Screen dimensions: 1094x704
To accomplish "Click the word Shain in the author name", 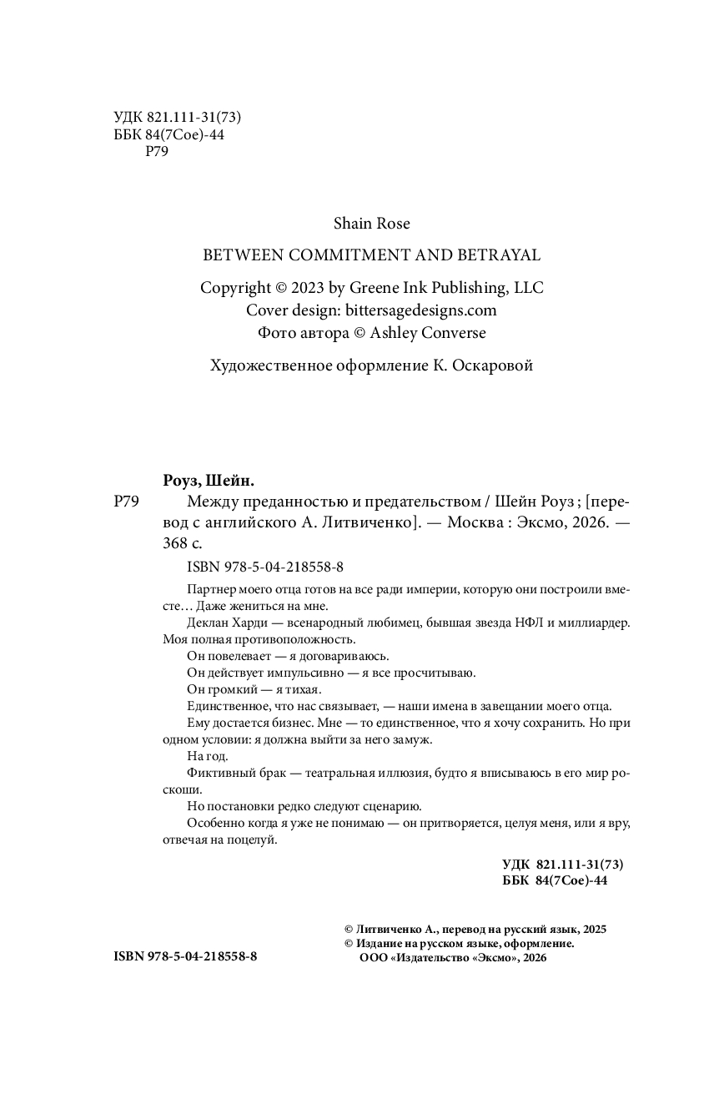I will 352,224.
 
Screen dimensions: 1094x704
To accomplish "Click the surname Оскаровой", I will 492,366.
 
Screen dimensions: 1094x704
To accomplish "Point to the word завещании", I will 508,705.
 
